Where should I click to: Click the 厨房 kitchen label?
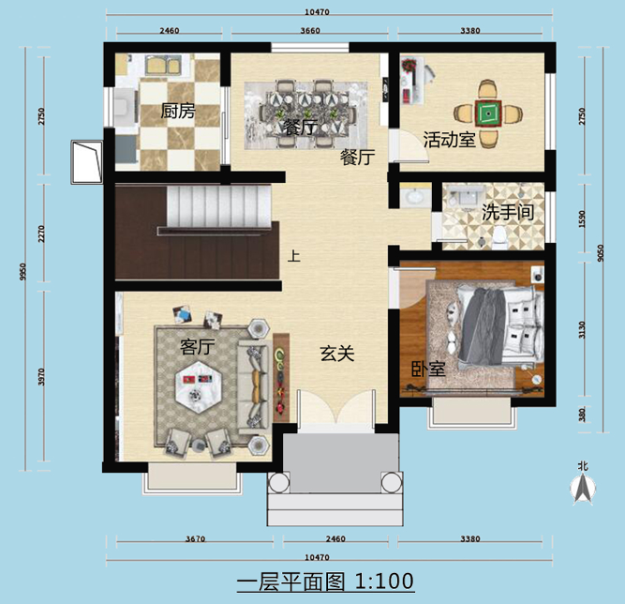pyautogui.click(x=178, y=111)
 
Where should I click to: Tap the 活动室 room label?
pyautogui.click(x=449, y=140)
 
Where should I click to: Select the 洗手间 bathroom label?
pyautogui.click(x=508, y=212)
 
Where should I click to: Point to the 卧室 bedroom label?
pyautogui.click(x=428, y=369)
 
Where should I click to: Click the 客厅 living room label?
pyautogui.click(x=198, y=346)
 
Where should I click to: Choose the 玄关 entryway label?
pyautogui.click(x=337, y=353)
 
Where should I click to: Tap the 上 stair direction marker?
pyautogui.click(x=294, y=256)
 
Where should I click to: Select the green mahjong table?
pyautogui.click(x=488, y=113)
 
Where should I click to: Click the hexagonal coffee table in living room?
pyautogui.click(x=198, y=387)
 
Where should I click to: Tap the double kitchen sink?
pyautogui.click(x=163, y=65)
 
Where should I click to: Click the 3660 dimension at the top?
pyautogui.click(x=310, y=30)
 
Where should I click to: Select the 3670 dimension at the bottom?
pyautogui.click(x=195, y=539)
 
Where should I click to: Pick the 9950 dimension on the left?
pyautogui.click(x=22, y=272)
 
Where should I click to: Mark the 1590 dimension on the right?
pyautogui.click(x=582, y=219)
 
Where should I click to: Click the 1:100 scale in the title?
pyautogui.click(x=384, y=581)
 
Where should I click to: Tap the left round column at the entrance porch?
pyautogui.click(x=278, y=483)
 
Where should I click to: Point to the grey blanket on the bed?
pyautogui.click(x=481, y=325)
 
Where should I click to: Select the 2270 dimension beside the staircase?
pyautogui.click(x=41, y=234)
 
